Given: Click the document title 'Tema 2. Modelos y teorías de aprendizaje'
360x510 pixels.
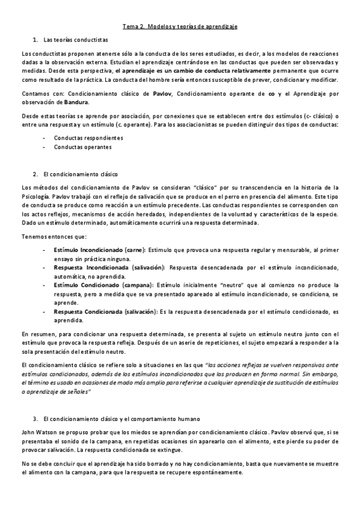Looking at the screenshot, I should (180, 26).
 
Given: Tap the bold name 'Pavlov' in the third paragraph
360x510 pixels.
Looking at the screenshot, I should (162, 94).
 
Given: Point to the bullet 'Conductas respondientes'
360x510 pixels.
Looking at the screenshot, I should (85, 138).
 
